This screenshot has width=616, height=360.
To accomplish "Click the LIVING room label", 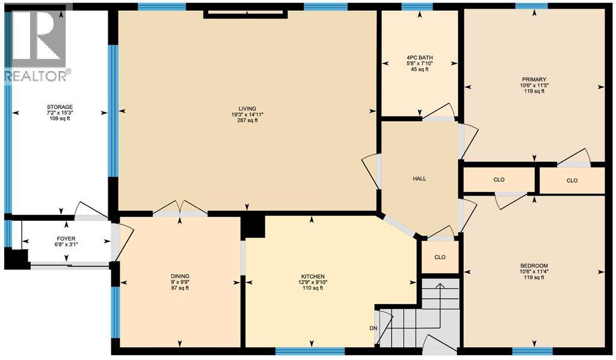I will (x=247, y=108).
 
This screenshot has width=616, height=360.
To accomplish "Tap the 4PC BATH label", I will (x=419, y=58).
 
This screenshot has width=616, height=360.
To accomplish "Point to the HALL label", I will (x=419, y=179).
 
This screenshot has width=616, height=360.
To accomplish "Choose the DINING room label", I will (x=180, y=276).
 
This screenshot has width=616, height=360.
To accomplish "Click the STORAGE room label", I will (x=60, y=107).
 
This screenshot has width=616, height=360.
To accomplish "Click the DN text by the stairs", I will (x=372, y=328).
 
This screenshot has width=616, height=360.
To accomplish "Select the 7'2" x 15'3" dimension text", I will (x=60, y=113).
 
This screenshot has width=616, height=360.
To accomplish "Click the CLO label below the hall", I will (x=440, y=257).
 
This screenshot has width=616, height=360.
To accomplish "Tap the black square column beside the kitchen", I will (x=253, y=226).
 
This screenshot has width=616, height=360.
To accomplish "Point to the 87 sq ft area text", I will (x=180, y=288).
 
